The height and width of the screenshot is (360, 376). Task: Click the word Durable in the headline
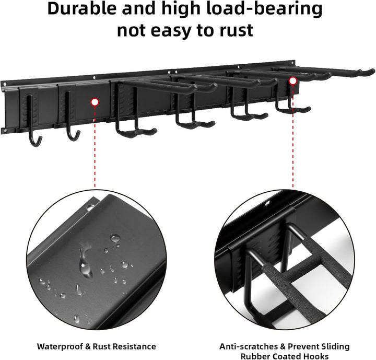coord(82,9)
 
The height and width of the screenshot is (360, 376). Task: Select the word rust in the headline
coord(237,31)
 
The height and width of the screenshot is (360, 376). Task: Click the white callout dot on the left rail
coord(95,102)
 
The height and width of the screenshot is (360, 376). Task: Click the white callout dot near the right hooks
coord(292,81)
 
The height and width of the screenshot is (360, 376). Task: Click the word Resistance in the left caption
coord(134,346)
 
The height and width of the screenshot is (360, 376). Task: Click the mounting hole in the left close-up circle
coord(90,207)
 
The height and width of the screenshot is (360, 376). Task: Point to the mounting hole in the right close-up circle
coord(267,204)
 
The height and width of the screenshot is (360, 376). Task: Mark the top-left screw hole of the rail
coord(4,84)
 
